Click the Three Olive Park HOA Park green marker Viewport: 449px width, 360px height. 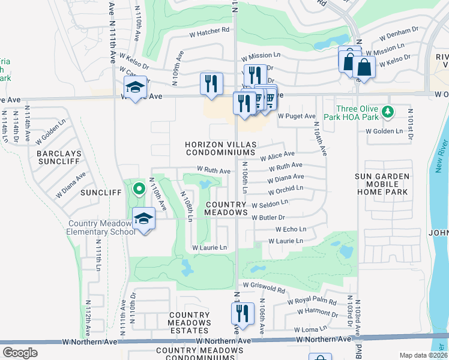click(x=388, y=112)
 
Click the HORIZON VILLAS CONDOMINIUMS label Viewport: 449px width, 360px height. click(x=220, y=149)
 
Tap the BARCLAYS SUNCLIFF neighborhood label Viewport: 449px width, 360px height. click(x=58, y=158)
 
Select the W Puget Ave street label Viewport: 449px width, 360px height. click(x=296, y=116)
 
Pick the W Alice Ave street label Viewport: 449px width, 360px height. click(x=277, y=156)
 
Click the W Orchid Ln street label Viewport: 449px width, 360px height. click(x=285, y=190)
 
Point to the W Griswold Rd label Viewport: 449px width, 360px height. click(x=264, y=290)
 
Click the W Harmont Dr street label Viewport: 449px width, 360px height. click(x=318, y=312)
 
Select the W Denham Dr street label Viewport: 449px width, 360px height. click(x=398, y=31)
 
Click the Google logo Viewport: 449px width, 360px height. click(x=20, y=353)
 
